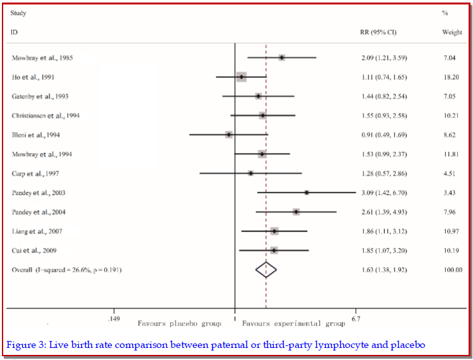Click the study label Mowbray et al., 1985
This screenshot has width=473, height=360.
tap(42, 58)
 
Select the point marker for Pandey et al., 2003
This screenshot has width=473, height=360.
tap(307, 192)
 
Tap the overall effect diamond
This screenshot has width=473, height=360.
tap(267, 270)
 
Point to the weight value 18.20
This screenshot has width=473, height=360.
tap(451, 77)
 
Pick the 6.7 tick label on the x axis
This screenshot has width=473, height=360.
tap(356, 318)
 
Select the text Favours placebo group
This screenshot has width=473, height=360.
tap(180, 324)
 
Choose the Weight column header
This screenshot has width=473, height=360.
tap(452, 32)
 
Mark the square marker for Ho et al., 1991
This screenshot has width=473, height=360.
tap(241, 77)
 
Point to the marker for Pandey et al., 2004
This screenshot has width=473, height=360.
tap(296, 211)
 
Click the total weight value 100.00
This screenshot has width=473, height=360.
tap(453, 270)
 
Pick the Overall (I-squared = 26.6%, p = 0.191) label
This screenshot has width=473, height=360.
tap(67, 270)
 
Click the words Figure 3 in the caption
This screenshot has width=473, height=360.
tap(23, 345)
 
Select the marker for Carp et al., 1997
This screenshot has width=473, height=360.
tap(251, 173)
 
